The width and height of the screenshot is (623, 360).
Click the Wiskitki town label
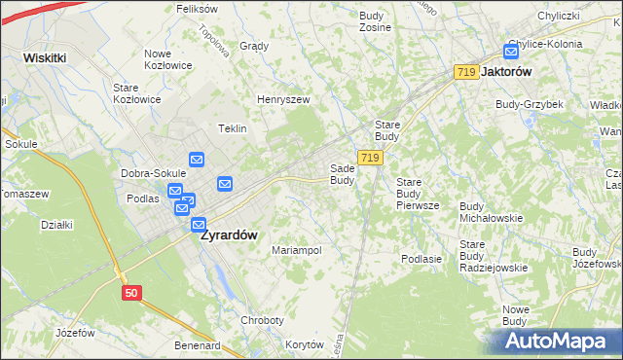click(45, 57)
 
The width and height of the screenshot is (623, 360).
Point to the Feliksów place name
click(196, 8)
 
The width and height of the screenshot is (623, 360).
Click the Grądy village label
click(254, 46)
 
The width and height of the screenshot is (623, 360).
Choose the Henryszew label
click(282, 99)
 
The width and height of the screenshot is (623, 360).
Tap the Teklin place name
click(233, 128)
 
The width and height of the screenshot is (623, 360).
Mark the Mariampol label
click(296, 250)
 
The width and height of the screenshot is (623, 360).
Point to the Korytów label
click(304, 344)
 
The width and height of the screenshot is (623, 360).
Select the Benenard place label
click(197, 344)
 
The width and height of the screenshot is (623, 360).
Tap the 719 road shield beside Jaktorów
click(465, 73)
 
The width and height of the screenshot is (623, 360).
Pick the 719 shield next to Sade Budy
click(369, 157)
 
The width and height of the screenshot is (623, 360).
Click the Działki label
click(57, 225)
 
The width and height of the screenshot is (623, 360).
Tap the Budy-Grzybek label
click(529, 104)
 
